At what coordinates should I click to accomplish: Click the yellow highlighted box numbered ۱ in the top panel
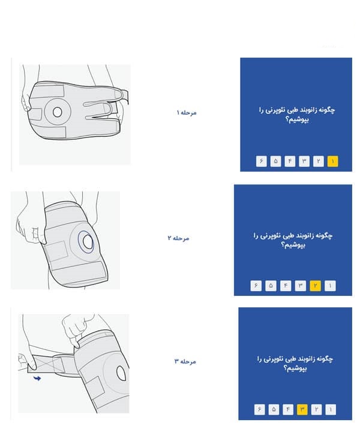coord(332,161)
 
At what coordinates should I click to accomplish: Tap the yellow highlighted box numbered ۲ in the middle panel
coord(315,286)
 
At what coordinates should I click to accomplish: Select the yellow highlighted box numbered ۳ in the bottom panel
coord(302,409)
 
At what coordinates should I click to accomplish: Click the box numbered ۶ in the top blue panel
coord(261,161)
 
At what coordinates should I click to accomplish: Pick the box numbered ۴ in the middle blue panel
coord(286,286)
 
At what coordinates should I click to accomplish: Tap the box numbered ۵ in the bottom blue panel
coord(274,409)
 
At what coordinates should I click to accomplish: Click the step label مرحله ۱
coord(187,113)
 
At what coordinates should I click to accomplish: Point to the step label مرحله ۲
coord(178,238)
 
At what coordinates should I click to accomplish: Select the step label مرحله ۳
coord(185,361)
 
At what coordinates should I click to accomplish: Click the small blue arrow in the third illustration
coord(37,378)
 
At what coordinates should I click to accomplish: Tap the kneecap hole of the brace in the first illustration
coord(57,112)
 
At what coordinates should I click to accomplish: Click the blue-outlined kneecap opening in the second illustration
coord(87,242)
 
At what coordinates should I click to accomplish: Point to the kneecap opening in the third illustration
coord(121,373)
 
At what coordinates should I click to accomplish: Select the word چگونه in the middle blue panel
coord(325,235)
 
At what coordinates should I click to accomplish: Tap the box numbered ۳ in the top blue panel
coord(304,161)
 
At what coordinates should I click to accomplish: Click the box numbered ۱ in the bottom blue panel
coord(331,409)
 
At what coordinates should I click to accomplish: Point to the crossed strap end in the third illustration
coord(42,364)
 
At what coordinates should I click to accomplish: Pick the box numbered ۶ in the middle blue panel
coord(256,286)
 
